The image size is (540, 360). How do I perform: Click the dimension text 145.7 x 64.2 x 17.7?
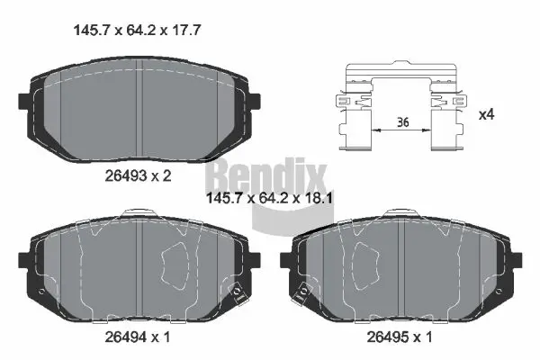click(x=134, y=29)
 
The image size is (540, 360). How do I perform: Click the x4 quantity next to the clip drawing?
click(x=487, y=114)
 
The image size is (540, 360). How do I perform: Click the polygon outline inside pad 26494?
click(x=175, y=264)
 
